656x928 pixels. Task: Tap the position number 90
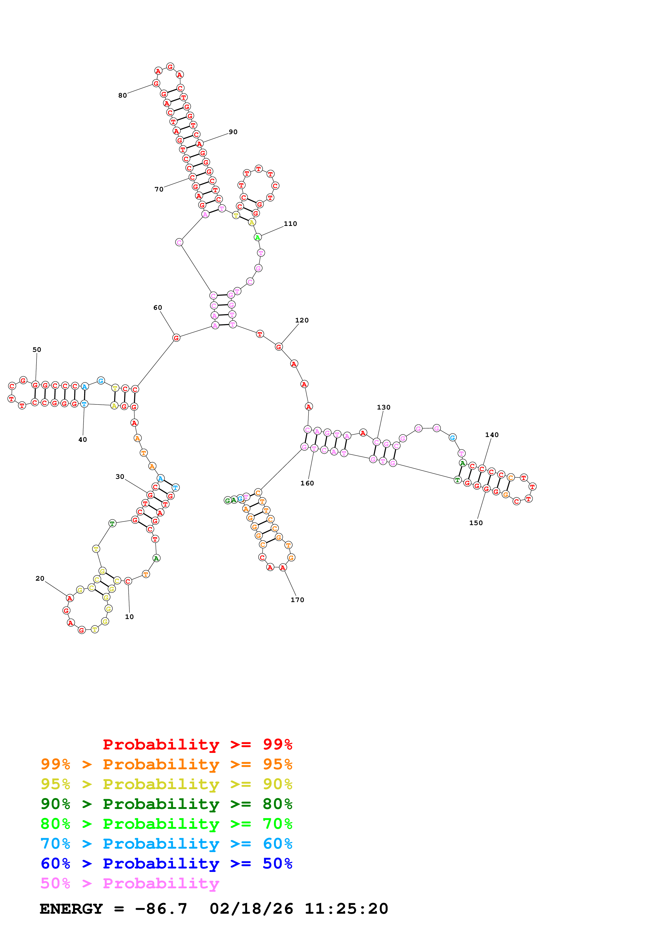coord(233,132)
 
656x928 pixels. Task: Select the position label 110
coord(290,224)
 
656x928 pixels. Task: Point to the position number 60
coord(158,308)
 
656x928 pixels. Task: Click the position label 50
coord(37,350)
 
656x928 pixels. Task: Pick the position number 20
coord(40,578)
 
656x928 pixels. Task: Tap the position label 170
coord(297,600)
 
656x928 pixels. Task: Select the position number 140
coord(492,435)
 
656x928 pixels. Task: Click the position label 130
coord(384,407)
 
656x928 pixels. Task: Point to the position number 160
coord(307,483)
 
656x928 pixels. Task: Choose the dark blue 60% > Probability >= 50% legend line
coord(166,863)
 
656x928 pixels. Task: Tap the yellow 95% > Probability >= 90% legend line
coord(166,784)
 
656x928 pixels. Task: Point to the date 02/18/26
coord(251,909)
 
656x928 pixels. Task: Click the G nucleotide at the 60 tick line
coord(176,338)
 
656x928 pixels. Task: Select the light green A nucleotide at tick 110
coord(257,237)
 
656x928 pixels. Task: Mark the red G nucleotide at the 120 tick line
coord(278,347)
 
